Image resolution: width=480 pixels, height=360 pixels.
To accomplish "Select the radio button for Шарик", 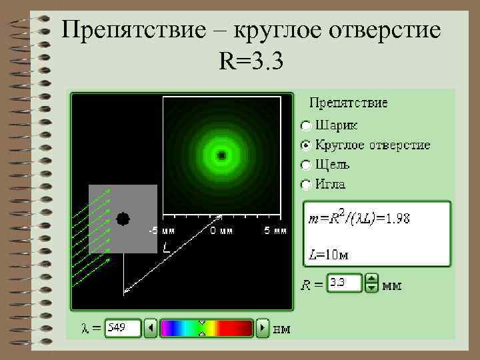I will pos(305,125).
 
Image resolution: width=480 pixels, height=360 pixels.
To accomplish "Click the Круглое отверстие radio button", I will pos(305,145).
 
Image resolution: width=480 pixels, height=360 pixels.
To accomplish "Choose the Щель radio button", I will pos(305,165).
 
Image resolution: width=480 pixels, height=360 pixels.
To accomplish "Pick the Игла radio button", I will pos(305,184).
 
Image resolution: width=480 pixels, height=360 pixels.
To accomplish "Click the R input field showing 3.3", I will pos(344,283).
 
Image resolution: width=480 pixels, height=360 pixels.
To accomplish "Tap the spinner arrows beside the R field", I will pos(372,283).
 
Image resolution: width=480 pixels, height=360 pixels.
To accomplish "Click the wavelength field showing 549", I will pos(123,328).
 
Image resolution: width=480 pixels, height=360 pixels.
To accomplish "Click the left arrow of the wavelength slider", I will pos(151,328).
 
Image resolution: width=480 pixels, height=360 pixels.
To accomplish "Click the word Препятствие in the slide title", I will pos(139,31).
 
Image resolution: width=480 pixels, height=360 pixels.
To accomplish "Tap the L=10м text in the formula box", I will pos(329,254).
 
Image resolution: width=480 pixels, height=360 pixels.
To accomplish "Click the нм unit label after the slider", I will pos(282,329).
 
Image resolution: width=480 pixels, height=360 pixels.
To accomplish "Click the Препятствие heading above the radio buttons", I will pos(349,103).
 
